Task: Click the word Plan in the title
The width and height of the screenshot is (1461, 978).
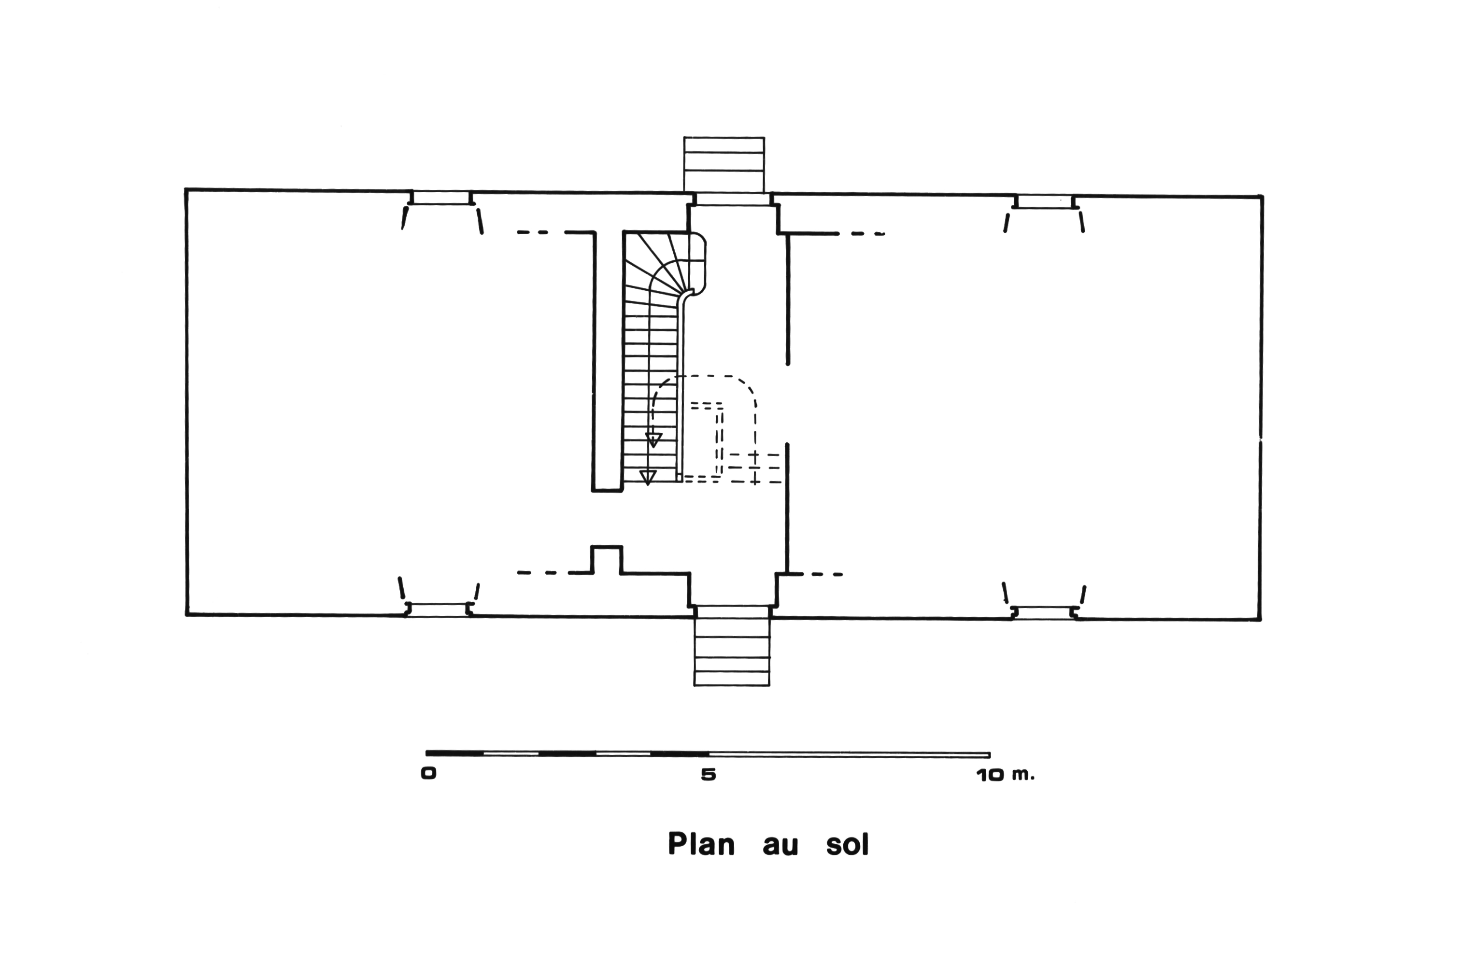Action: (701, 845)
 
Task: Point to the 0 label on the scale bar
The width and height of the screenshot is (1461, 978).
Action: (428, 774)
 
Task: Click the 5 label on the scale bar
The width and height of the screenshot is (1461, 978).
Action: (709, 775)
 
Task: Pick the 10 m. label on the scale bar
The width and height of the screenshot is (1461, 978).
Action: (1005, 775)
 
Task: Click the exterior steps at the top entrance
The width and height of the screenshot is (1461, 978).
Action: (723, 164)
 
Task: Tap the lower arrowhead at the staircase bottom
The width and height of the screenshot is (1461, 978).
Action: (648, 477)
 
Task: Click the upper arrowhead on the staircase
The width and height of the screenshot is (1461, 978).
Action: (653, 439)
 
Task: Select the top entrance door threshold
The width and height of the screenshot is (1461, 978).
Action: (733, 199)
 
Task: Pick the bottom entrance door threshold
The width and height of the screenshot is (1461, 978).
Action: (732, 611)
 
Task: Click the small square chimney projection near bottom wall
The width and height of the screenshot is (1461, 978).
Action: (606, 559)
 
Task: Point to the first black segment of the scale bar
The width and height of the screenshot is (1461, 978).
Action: (454, 753)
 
